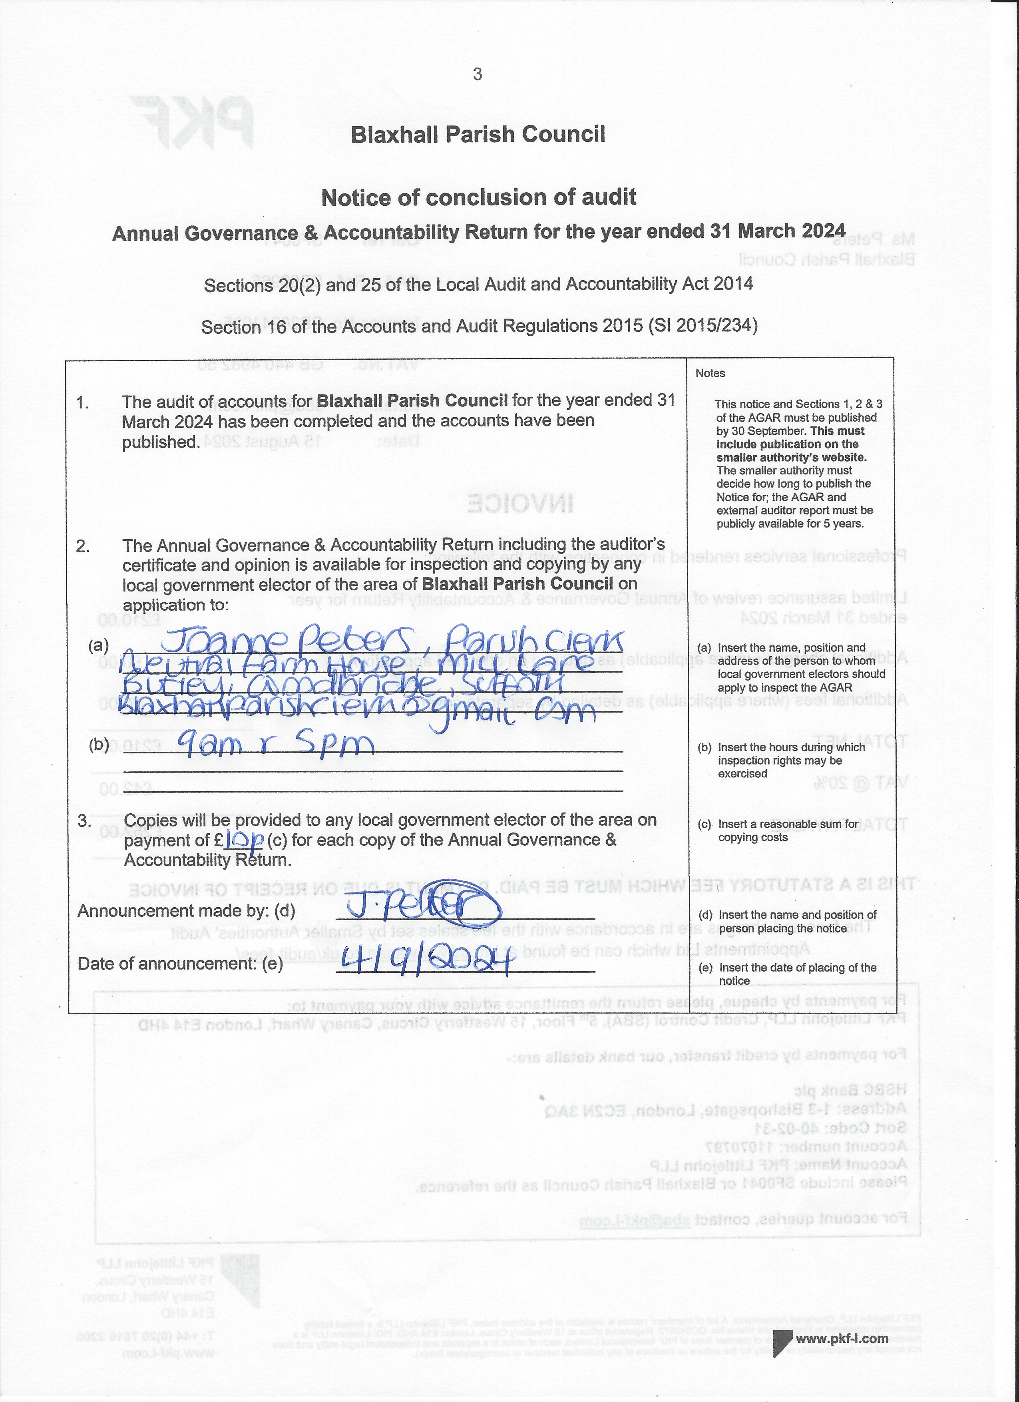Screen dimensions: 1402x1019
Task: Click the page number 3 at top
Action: (477, 75)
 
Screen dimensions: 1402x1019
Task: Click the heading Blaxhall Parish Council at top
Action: (478, 135)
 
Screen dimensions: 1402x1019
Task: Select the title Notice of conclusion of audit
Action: (478, 198)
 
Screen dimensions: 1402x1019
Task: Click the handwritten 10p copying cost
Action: (246, 839)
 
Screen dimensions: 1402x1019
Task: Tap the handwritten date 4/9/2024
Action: (426, 961)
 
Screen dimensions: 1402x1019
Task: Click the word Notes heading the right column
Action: (710, 373)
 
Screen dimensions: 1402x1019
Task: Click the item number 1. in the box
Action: (83, 403)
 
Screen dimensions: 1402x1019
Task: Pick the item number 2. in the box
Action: (83, 546)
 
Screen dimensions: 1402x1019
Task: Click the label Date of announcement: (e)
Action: (180, 964)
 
